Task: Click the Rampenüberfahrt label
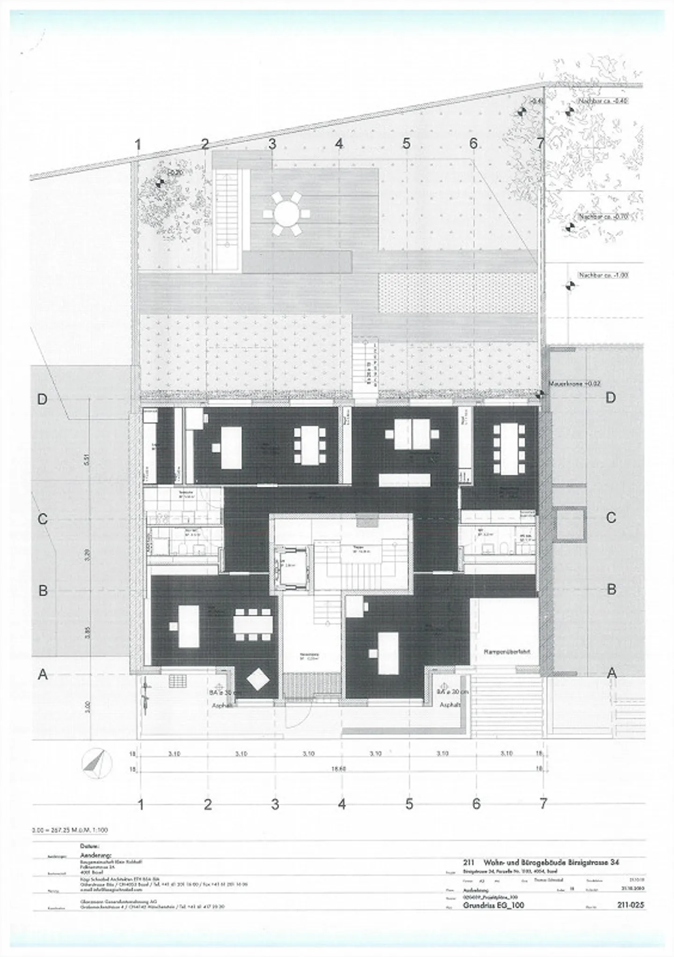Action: coord(507,652)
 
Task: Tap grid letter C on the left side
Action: coord(43,519)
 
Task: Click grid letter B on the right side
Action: coord(611,589)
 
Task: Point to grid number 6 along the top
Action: coord(473,143)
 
